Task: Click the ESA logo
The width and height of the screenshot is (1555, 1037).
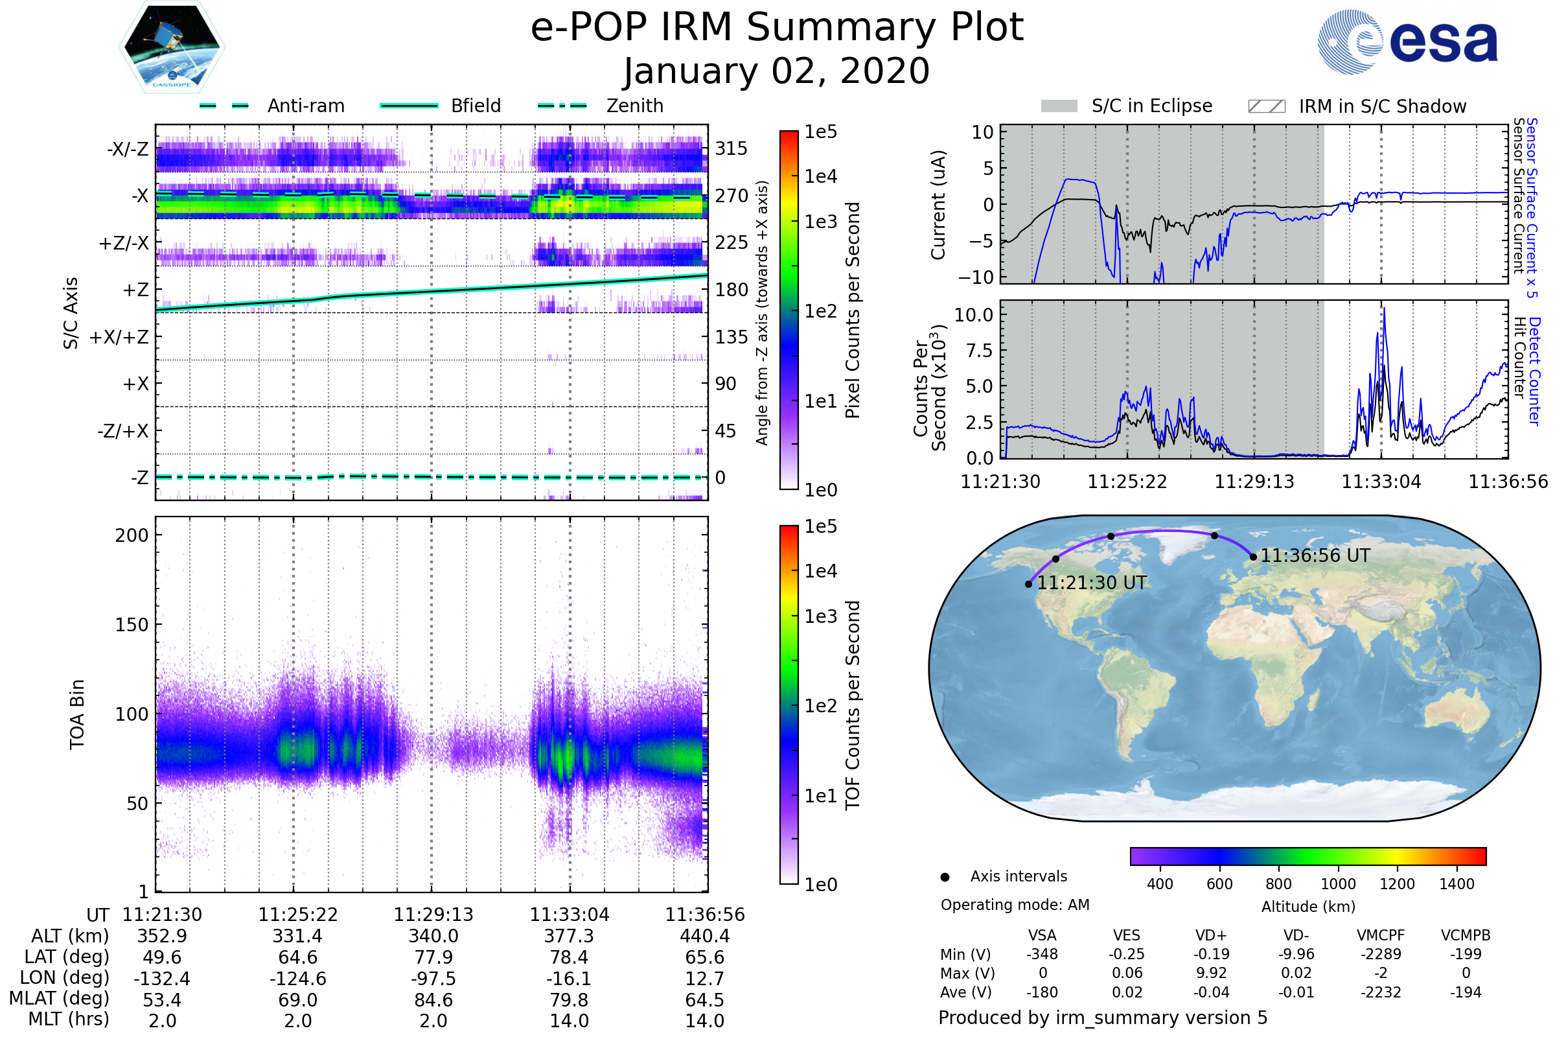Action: pos(1407,41)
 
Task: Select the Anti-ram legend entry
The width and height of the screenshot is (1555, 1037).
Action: pos(271,106)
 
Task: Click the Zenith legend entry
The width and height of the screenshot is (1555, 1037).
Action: pos(601,106)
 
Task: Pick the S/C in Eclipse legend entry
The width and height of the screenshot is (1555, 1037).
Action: pos(1127,106)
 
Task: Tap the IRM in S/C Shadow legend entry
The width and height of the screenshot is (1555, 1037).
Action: pos(1357,106)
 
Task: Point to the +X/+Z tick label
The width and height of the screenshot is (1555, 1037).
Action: pos(119,337)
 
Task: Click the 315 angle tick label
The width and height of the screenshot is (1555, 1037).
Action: pos(731,148)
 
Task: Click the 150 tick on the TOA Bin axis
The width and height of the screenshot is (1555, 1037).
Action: pos(132,625)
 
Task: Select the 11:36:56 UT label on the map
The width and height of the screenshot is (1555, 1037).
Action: pos(1315,555)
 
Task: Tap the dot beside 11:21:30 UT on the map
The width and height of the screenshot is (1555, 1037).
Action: pos(1029,584)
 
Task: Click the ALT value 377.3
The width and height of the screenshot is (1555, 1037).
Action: pos(570,936)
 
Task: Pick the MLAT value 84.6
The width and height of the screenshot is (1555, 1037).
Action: pos(433,1000)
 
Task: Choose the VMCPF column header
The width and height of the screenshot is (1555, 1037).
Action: pos(1381,935)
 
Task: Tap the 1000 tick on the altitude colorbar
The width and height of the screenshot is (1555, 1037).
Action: pos(1338,884)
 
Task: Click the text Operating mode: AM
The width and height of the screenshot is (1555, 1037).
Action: pos(1015,905)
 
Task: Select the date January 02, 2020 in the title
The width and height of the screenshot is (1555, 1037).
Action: pos(777,71)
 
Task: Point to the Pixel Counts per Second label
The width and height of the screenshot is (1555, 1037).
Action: pos(853,310)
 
